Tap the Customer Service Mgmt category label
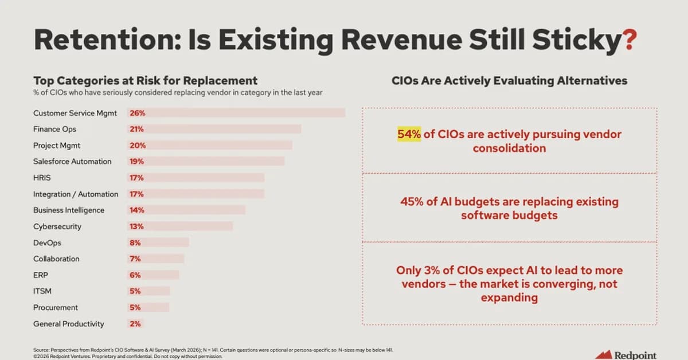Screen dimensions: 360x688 click(x=75, y=113)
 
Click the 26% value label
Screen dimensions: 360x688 click(x=137, y=113)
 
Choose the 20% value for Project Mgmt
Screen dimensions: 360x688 click(x=137, y=145)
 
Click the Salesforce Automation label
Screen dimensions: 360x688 click(x=72, y=161)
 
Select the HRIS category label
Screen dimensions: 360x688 click(x=42, y=178)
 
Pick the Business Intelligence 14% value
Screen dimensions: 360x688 click(x=137, y=210)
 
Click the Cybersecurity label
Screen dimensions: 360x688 click(x=57, y=226)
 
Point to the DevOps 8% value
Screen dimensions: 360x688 click(x=136, y=242)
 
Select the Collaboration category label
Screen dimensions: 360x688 click(x=56, y=259)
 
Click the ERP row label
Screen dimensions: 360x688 click(x=40, y=275)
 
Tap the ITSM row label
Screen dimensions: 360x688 click(x=42, y=291)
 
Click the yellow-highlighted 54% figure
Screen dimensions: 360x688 click(x=409, y=134)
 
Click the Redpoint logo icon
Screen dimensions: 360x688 click(x=604, y=355)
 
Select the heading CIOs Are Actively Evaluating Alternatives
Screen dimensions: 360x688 click(x=509, y=81)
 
